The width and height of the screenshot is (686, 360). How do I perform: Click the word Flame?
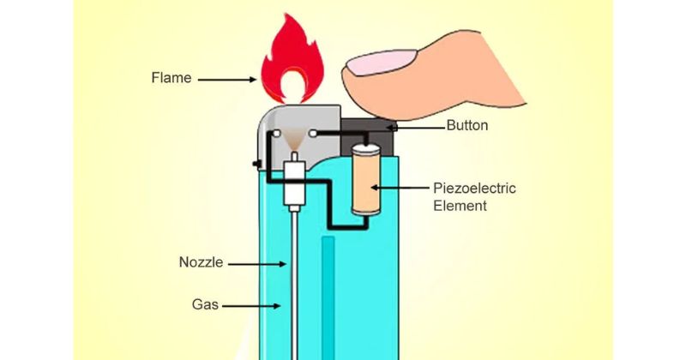[171, 78]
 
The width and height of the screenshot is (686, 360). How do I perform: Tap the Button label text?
[467, 125]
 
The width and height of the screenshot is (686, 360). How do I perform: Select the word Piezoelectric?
[475, 188]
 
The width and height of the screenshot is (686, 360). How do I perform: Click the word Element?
[460, 206]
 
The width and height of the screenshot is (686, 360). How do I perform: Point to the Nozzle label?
[202, 262]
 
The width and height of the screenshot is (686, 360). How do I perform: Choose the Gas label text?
[205, 304]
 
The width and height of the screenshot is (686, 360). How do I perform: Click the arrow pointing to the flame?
[227, 80]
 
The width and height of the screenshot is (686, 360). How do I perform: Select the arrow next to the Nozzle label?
[257, 264]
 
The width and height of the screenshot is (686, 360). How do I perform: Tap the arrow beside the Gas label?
[251, 306]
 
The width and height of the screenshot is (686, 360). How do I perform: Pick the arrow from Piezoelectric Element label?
[400, 188]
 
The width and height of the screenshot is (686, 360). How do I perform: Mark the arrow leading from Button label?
[417, 128]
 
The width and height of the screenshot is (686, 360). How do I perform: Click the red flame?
[292, 59]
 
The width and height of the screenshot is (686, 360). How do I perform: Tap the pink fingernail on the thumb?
[382, 62]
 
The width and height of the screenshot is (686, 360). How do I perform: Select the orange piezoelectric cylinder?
[366, 179]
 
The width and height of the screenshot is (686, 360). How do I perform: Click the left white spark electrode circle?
[276, 133]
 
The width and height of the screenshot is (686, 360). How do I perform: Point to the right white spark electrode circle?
[312, 133]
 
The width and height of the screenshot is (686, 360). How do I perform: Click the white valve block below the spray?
[294, 183]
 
